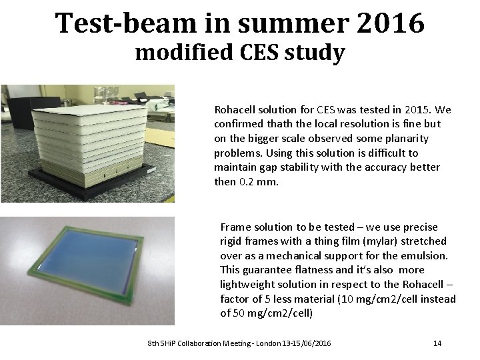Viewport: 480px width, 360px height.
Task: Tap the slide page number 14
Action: tap(437, 343)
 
